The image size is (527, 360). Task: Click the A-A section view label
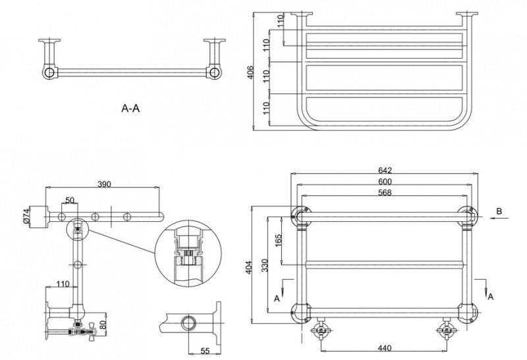(x=130, y=109)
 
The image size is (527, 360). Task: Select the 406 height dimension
(x=250, y=72)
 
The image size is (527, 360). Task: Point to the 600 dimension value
(x=386, y=182)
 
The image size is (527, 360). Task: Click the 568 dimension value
(x=386, y=192)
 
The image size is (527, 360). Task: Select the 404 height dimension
(x=250, y=267)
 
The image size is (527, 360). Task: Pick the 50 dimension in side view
(x=69, y=199)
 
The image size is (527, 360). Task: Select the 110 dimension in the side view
(x=63, y=284)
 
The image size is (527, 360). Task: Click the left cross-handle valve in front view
(x=321, y=330)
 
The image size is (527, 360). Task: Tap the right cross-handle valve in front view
(x=445, y=330)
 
